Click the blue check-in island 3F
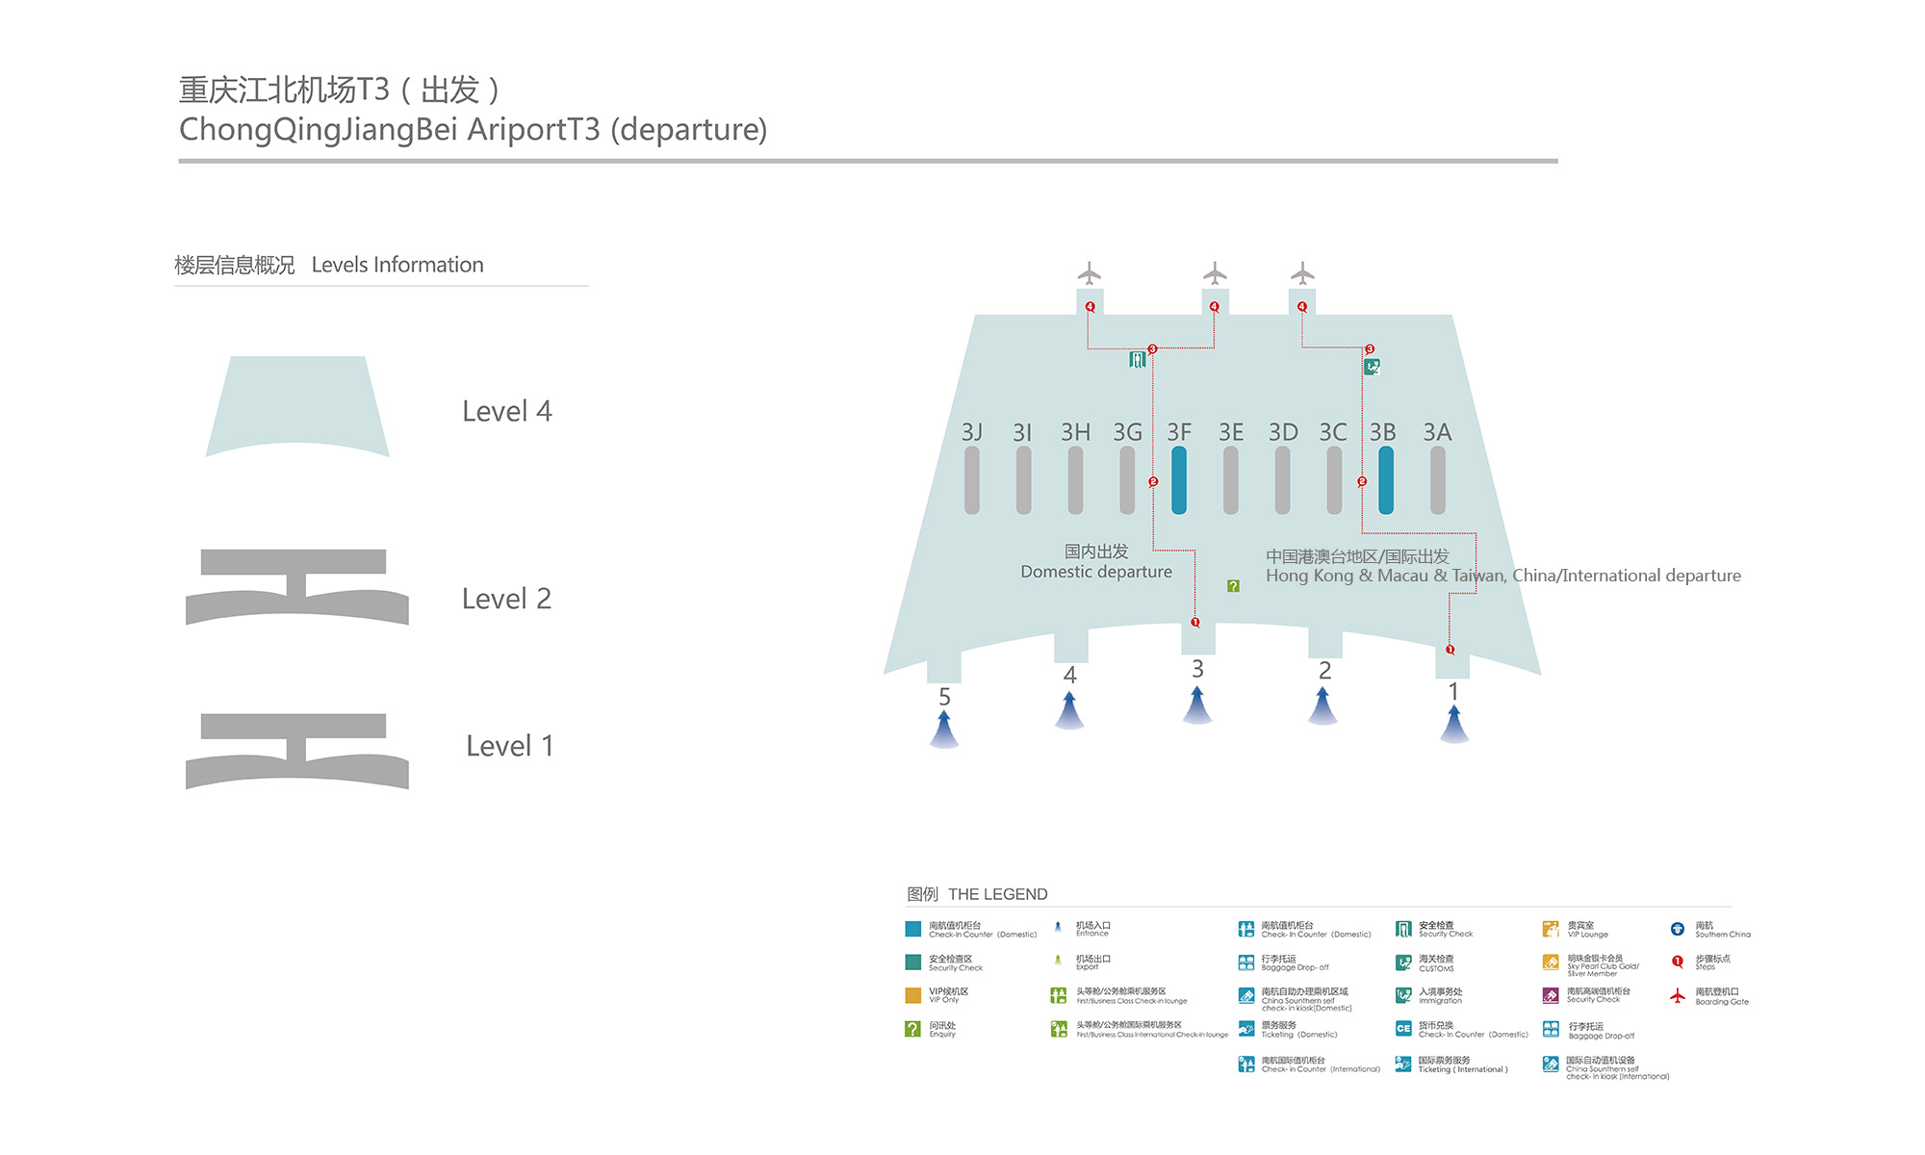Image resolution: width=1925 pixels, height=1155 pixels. [1179, 479]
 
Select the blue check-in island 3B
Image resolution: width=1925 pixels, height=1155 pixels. [1386, 479]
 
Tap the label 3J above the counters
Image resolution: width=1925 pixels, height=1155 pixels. [972, 432]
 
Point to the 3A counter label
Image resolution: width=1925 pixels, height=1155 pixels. [1437, 432]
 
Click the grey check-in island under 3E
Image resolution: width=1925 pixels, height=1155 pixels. [1231, 479]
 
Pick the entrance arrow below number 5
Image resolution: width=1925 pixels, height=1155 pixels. [944, 730]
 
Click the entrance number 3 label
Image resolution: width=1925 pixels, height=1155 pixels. [1197, 669]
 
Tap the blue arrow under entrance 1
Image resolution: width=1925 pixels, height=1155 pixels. [1453, 724]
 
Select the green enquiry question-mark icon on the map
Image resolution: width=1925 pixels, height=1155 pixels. [1233, 586]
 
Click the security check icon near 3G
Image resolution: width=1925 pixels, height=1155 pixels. [1137, 360]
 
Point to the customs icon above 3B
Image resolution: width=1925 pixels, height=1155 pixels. [1373, 367]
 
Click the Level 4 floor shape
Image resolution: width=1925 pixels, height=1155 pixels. [297, 404]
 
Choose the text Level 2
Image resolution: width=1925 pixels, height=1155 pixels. [506, 599]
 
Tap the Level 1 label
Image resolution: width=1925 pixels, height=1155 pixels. [509, 746]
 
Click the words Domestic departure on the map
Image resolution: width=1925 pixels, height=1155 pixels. [1096, 572]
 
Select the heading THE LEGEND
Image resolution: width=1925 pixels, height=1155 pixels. [997, 894]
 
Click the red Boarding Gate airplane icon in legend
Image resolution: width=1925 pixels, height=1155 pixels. [1678, 996]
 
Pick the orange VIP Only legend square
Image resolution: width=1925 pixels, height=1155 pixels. [912, 996]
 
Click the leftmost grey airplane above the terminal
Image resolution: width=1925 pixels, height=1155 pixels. [1090, 273]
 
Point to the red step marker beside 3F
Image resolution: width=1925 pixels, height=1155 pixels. [1153, 481]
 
